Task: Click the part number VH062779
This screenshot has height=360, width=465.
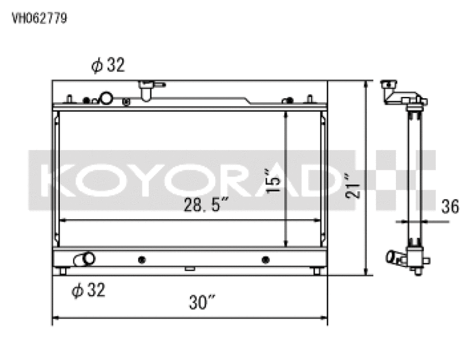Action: coord(39,18)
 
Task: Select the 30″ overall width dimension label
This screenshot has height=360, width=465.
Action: coord(202,302)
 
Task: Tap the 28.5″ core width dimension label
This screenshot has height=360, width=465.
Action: coord(206,204)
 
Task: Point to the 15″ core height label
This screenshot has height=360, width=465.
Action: coord(273,180)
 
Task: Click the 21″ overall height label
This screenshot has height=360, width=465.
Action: coord(352,186)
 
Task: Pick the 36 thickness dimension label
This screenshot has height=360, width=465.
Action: coord(450,207)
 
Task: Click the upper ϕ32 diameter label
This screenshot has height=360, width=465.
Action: coord(108,65)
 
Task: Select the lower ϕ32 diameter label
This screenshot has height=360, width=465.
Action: coord(88,290)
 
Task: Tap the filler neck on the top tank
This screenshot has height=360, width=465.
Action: coord(146,90)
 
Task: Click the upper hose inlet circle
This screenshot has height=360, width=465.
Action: coord(106,98)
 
